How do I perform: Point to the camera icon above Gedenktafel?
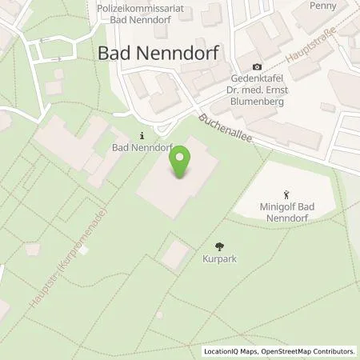coord(257,66)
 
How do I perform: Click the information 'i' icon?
coord(142,135)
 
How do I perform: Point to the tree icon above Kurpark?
coord(220,246)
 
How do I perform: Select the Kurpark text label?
coord(220,259)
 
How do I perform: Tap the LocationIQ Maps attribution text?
coord(233,351)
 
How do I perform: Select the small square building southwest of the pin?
coord(176,255)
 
